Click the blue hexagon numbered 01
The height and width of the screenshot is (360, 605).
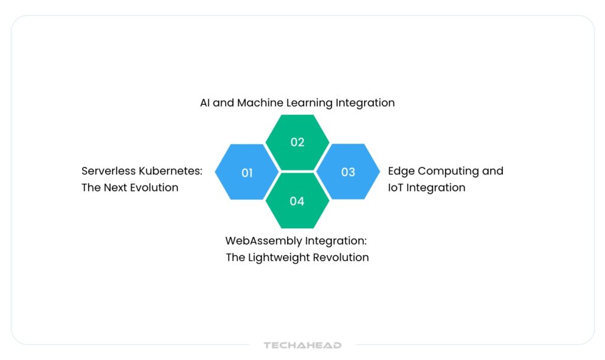(247, 172)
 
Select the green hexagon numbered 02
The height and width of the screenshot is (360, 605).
(297, 142)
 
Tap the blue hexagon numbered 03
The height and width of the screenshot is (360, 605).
(348, 172)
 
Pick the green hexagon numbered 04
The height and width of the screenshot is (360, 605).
(297, 201)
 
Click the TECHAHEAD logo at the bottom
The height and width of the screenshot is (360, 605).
(302, 345)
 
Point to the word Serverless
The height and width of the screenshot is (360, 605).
(109, 171)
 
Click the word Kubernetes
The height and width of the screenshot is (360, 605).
(171, 171)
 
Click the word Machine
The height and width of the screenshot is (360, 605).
(261, 103)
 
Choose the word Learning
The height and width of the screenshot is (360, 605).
(310, 103)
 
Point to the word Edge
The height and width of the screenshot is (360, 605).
(401, 171)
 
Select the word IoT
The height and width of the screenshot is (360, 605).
(396, 188)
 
